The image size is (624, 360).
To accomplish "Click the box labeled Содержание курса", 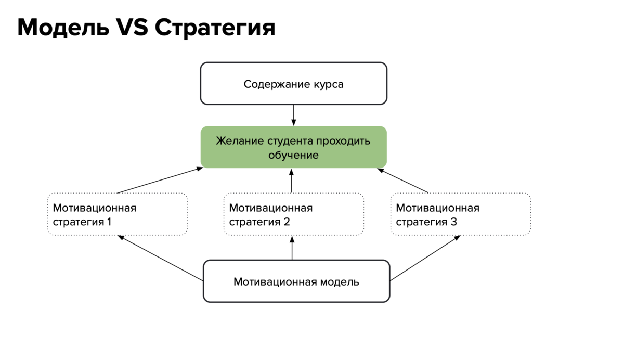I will (293, 84).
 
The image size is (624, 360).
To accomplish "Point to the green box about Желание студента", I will (293, 147).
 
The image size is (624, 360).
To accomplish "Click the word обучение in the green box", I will (293, 155).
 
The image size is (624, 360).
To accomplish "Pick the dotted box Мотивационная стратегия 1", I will (117, 214).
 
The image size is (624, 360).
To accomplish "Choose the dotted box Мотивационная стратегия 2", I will (293, 214).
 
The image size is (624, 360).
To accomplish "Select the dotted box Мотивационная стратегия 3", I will (460, 214).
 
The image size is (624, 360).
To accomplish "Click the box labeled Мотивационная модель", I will (296, 281).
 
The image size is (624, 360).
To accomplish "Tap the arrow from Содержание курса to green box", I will (294, 115).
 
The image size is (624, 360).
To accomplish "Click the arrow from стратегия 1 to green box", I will (160, 181).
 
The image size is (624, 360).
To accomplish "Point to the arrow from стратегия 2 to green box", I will (292, 181).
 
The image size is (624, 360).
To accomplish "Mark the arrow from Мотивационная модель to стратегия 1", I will (160, 258).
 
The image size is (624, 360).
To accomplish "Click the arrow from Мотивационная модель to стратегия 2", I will (292, 248).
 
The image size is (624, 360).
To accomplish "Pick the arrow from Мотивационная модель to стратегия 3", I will (425, 258).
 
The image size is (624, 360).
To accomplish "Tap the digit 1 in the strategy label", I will (109, 222).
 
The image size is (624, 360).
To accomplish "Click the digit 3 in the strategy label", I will (454, 222).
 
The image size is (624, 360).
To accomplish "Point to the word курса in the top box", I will (329, 84).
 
